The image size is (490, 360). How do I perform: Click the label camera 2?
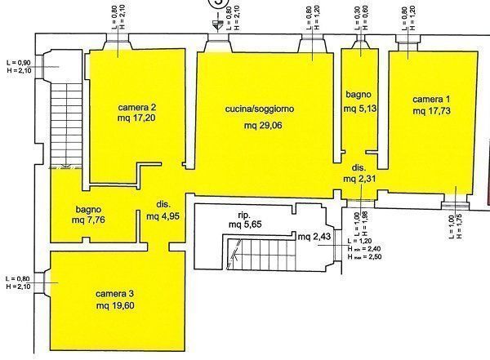[136, 107]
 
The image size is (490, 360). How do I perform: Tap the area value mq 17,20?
[136, 118]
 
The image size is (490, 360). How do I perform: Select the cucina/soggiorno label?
[260, 108]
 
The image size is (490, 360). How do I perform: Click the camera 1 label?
[430, 98]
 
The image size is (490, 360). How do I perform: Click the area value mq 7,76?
[90, 220]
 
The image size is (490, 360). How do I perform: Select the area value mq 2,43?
[315, 237]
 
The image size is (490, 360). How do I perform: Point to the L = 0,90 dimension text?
[16, 62]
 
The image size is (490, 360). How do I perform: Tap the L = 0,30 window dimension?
[356, 15]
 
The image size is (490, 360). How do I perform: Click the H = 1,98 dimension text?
[366, 220]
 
